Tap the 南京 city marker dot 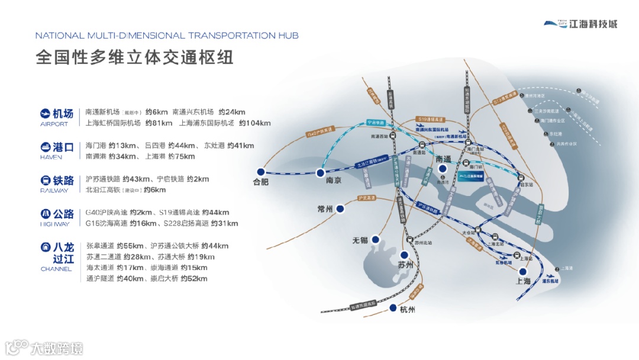click(x=320, y=173)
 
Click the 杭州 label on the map click(x=408, y=310)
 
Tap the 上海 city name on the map click(x=524, y=281)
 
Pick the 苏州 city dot click(x=405, y=255)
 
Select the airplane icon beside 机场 click(x=46, y=113)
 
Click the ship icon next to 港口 click(x=46, y=146)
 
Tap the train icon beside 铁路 click(x=46, y=180)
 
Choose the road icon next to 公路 click(x=46, y=213)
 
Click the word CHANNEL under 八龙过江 click(x=56, y=269)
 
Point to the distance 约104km click(x=254, y=123)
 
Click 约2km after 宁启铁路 click(x=198, y=179)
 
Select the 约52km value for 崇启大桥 click(x=194, y=278)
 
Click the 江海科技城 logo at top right click(x=580, y=24)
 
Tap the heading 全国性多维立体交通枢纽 click(x=134, y=57)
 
